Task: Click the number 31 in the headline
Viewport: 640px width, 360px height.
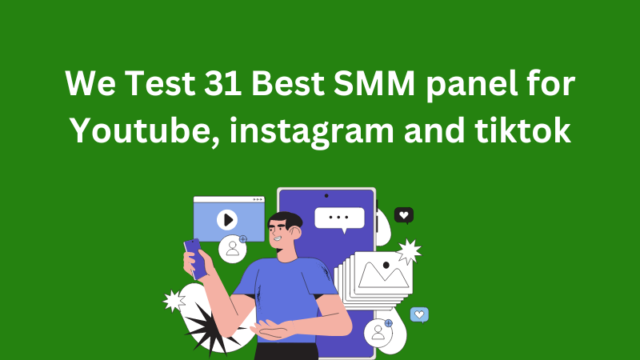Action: click(222, 83)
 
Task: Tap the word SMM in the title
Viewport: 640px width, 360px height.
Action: click(374, 83)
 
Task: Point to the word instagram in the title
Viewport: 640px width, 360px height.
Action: click(312, 132)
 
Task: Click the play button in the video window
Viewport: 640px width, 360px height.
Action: click(227, 220)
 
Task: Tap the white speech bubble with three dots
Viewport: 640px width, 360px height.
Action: click(339, 219)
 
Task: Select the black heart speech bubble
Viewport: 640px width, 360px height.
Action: click(404, 215)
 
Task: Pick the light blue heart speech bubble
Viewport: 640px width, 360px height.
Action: click(419, 314)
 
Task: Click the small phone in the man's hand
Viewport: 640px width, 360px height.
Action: click(194, 258)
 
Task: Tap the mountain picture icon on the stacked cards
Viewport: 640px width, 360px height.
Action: click(383, 273)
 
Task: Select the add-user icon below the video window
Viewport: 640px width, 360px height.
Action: click(233, 248)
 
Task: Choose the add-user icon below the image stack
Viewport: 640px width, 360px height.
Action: click(378, 332)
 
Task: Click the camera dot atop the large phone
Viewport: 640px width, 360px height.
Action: click(326, 196)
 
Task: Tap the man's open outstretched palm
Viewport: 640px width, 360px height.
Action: click(271, 329)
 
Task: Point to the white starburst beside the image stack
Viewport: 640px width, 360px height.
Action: click(409, 251)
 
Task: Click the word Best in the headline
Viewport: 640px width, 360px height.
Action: click(287, 83)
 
